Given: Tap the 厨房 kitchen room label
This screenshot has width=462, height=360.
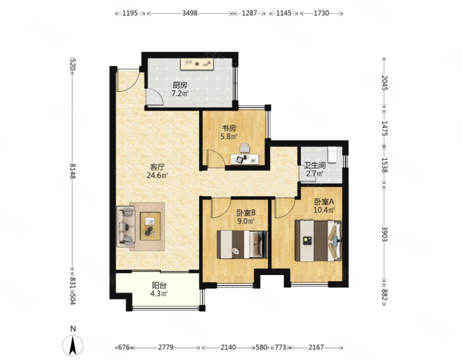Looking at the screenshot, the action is click(x=180, y=86).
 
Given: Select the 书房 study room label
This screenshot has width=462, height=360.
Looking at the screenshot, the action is click(x=229, y=128).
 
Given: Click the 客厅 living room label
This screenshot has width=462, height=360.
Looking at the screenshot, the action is click(x=157, y=167).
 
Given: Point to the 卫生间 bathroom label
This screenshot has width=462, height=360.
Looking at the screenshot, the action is click(x=315, y=165).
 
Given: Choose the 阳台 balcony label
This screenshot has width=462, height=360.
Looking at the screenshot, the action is click(x=159, y=286).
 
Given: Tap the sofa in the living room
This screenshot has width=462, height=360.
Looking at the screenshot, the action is click(x=126, y=227).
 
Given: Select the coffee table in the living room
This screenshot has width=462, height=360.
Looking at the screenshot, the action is click(x=150, y=226).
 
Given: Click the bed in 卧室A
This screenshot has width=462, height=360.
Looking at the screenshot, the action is click(x=319, y=241).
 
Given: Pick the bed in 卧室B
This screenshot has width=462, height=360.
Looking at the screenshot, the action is click(x=242, y=245).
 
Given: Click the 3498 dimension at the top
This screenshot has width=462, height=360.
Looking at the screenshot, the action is click(x=190, y=13).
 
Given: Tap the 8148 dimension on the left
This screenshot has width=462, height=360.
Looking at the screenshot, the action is click(x=73, y=171).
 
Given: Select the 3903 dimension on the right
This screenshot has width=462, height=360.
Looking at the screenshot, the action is click(x=384, y=234).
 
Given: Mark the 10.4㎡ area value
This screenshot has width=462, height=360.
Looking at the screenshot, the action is click(x=324, y=210).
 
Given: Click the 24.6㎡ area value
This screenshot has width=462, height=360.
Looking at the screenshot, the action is click(x=157, y=175).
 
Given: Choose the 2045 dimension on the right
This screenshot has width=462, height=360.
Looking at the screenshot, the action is click(x=384, y=84).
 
